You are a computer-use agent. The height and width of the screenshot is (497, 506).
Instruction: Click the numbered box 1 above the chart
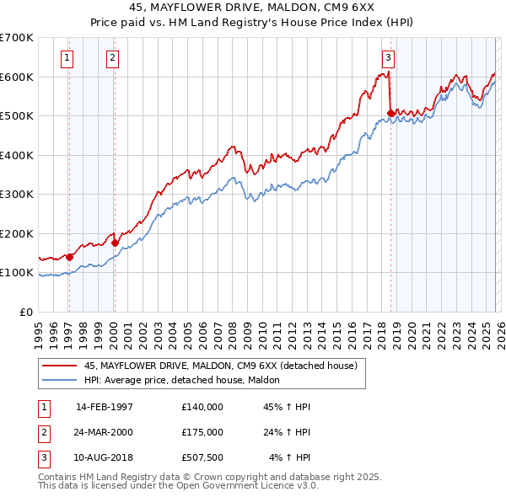67,58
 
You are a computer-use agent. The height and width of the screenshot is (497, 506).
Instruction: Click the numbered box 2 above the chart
112,58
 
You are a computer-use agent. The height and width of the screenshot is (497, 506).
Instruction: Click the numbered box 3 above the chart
388,58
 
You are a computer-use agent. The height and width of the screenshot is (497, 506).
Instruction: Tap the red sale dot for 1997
70,257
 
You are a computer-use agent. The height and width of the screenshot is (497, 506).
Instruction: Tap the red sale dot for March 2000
116,243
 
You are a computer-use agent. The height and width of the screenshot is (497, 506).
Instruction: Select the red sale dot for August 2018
390,113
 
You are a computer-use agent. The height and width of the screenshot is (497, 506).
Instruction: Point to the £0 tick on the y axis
27,312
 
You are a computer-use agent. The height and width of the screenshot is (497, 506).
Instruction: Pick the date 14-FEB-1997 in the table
105,407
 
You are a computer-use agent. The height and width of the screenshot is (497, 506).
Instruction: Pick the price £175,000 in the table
202,432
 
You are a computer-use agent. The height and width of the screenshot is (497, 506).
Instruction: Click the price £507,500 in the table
202,457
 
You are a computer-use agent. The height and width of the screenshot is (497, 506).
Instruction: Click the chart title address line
252,8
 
